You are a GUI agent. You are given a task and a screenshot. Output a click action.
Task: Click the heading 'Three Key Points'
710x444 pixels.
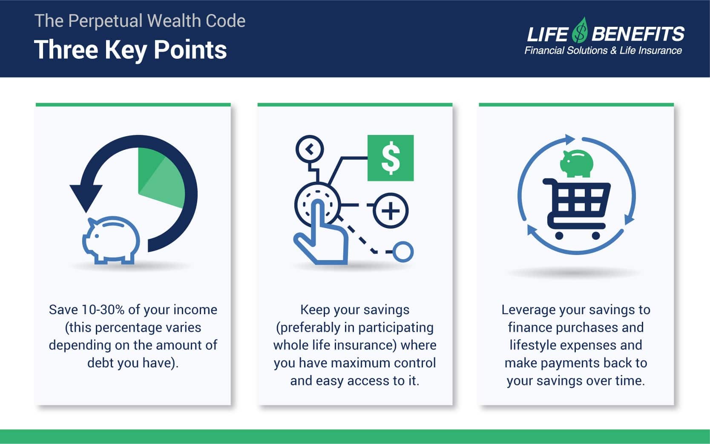click(130, 50)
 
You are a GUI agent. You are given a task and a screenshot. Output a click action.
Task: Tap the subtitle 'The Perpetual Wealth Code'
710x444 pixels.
click(140, 21)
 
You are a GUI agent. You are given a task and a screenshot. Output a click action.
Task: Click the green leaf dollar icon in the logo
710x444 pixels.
click(580, 30)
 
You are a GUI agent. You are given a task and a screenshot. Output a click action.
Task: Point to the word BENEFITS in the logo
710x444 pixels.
click(638, 34)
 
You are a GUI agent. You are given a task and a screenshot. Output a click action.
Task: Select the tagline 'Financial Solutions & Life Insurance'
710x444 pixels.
click(603, 50)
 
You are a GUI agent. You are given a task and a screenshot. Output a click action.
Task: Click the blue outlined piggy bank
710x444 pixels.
click(111, 240)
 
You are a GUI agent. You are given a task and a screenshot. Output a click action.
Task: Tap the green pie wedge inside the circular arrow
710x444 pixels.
click(161, 178)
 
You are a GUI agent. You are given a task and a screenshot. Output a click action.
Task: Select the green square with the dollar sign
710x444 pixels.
click(391, 158)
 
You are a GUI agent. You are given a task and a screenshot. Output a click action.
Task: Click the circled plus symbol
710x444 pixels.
click(391, 211)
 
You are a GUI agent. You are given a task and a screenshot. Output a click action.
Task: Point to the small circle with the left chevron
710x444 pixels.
click(310, 149)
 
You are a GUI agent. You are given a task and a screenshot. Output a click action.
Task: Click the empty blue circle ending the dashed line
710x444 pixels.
click(403, 252)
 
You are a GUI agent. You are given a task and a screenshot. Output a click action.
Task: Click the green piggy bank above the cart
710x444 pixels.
click(577, 163)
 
